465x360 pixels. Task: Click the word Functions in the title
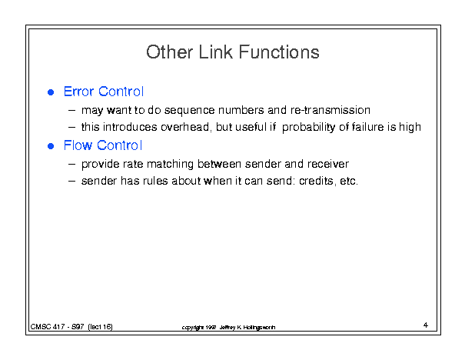279,52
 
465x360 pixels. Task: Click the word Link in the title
216,52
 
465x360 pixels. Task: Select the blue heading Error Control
104,92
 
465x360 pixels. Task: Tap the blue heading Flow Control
103,145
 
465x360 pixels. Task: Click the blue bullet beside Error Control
51,92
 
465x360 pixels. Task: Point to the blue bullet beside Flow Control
51,146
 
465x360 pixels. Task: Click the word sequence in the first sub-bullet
189,111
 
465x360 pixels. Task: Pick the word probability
308,128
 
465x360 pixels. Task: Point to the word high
410,128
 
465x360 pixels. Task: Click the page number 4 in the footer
426,325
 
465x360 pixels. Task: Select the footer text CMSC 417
48,327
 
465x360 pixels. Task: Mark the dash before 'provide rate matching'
71,164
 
